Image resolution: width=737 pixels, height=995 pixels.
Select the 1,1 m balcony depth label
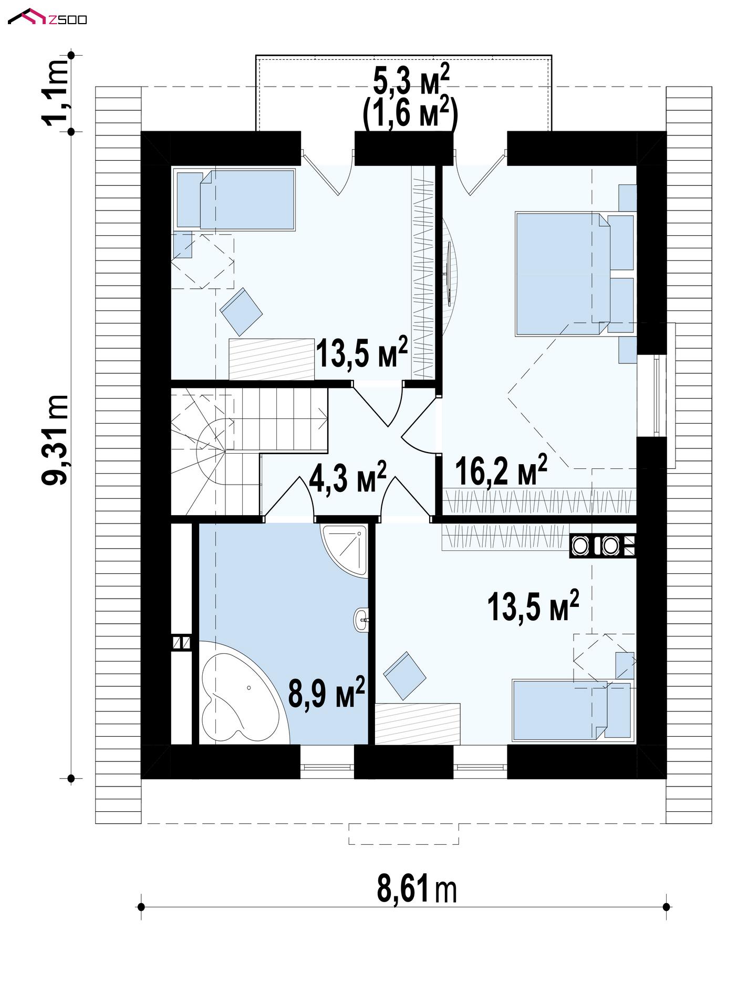click(56, 93)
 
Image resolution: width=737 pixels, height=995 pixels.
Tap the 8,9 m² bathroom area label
click(326, 693)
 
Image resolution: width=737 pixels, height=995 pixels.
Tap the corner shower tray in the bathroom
click(344, 551)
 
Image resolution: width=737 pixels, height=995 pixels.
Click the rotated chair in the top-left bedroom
click(241, 312)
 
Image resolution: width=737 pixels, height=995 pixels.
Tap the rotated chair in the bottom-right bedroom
click(405, 676)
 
